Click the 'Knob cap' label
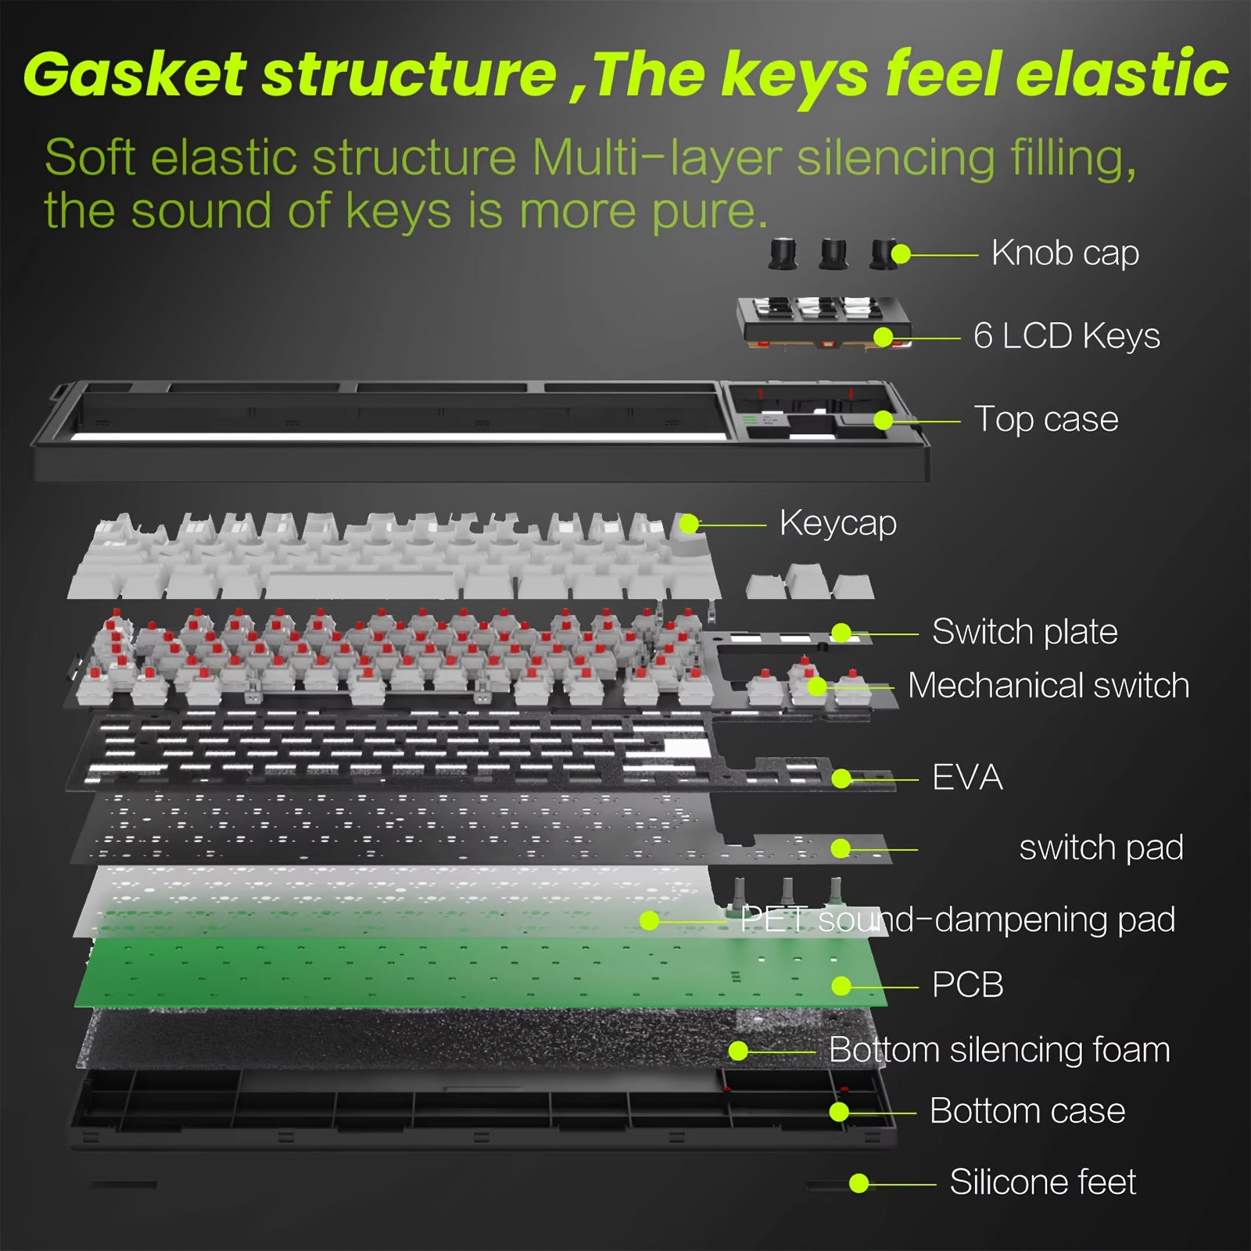point(1065,253)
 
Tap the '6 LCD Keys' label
point(1066,336)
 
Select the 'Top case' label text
point(1046,419)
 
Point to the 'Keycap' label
point(837,523)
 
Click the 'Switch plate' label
point(1024,632)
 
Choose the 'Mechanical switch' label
point(1048,686)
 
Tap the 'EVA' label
point(967,777)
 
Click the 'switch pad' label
point(1101,848)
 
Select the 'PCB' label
point(967,984)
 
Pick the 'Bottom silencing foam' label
point(999,1049)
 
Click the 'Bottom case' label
point(1027,1111)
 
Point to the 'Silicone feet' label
point(1043,1182)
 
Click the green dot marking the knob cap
point(901,254)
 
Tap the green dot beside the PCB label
point(841,986)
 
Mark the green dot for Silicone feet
point(859,1183)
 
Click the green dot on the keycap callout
point(689,524)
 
